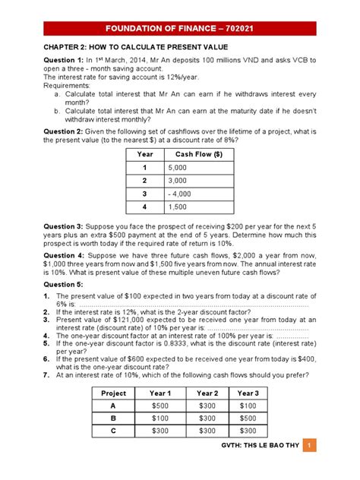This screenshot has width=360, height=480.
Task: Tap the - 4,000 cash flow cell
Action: (181, 194)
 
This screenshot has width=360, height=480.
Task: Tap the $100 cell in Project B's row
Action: (161, 418)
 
